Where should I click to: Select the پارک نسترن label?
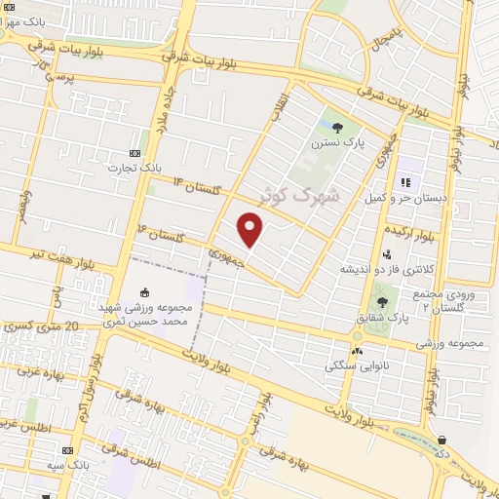(338, 142)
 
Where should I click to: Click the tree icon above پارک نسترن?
(338, 127)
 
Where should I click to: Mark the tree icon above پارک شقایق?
(382, 302)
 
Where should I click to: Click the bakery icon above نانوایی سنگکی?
(357, 351)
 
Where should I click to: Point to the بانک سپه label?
(67, 466)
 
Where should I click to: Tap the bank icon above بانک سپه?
(67, 450)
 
